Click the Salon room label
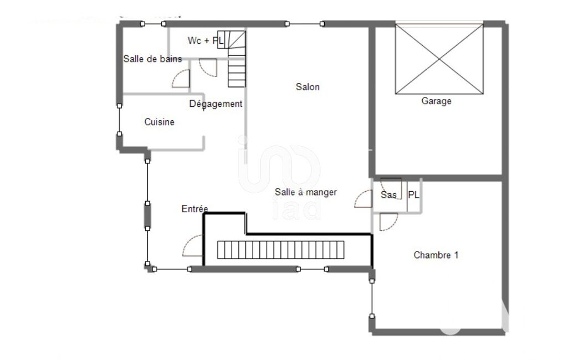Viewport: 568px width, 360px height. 308,87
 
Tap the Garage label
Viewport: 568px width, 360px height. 436,101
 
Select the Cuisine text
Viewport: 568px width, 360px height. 160,122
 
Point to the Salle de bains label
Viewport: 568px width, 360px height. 152,59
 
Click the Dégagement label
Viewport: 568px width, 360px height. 216,104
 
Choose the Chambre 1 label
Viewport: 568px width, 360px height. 436,255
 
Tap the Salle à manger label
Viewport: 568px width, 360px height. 306,192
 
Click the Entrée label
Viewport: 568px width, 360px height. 195,209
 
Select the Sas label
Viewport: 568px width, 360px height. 388,195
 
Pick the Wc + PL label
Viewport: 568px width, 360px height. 206,40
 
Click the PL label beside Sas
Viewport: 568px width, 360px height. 414,195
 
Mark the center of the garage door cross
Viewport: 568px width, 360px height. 439,59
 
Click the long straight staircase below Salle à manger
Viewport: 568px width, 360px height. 281,250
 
